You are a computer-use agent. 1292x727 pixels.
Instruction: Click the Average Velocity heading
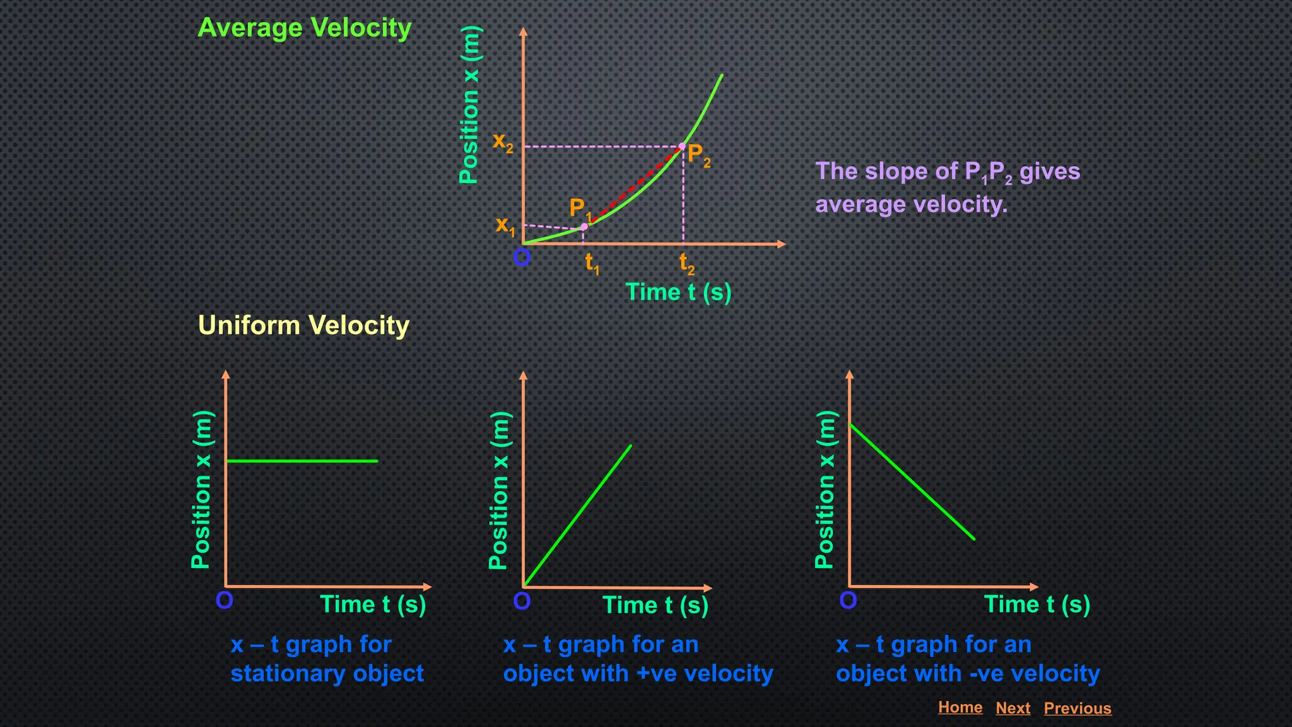[304, 28]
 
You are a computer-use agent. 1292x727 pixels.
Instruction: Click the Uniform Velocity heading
[303, 326]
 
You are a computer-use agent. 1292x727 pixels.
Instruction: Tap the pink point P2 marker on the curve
[682, 146]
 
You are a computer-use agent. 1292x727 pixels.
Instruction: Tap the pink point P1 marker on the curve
[584, 227]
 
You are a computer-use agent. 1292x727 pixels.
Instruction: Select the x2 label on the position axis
[503, 142]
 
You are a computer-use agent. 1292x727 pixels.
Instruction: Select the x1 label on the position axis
[505, 225]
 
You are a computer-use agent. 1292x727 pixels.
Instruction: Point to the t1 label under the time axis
[591, 263]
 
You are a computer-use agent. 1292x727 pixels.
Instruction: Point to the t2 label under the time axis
[686, 263]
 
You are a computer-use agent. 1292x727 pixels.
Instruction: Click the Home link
[960, 707]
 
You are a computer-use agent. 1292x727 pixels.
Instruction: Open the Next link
[1013, 708]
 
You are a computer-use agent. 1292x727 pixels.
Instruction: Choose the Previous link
[1077, 708]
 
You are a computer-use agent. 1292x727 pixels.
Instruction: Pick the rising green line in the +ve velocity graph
[577, 516]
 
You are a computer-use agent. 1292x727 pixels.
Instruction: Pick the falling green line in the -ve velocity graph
[912, 482]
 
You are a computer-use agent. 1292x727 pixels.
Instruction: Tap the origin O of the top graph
[522, 257]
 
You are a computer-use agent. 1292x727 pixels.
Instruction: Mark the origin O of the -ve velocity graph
[848, 600]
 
